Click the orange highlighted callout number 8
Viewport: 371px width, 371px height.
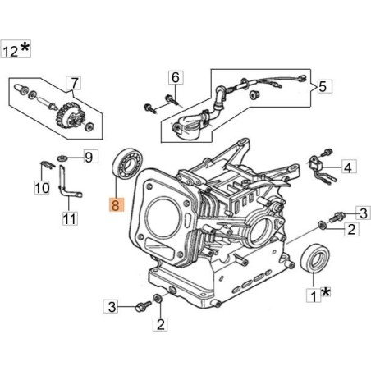[x=117, y=204]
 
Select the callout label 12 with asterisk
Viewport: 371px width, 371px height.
[x=16, y=49]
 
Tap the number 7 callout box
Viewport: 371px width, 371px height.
[x=74, y=83]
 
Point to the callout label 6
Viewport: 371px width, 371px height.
[x=176, y=77]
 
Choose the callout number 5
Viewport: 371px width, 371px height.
[x=324, y=86]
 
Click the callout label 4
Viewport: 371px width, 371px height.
[x=349, y=167]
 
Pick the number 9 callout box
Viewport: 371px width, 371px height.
[x=90, y=157]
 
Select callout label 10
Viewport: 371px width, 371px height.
[x=42, y=188]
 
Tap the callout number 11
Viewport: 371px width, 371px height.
[x=70, y=218]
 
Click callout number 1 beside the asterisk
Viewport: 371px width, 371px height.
[x=314, y=295]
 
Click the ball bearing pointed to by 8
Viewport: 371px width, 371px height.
[x=129, y=163]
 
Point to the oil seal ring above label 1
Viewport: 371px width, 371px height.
[x=315, y=258]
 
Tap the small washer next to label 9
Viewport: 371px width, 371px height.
[x=62, y=158]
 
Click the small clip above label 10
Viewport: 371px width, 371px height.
[x=47, y=165]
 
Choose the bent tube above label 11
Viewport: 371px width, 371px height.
[x=67, y=183]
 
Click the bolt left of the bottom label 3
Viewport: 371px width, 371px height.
[x=143, y=306]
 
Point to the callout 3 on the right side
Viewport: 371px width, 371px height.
[x=363, y=213]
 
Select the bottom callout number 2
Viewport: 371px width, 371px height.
[x=160, y=324]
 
